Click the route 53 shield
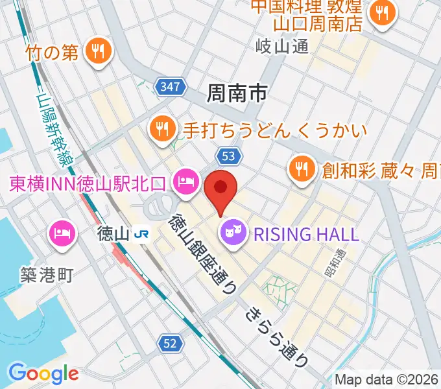[x=230, y=156]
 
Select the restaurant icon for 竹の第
[x=99, y=50]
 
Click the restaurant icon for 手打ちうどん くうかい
[x=161, y=128]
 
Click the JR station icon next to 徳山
[x=140, y=233]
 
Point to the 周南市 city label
[x=237, y=94]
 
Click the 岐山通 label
[x=282, y=46]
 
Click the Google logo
[x=43, y=373]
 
